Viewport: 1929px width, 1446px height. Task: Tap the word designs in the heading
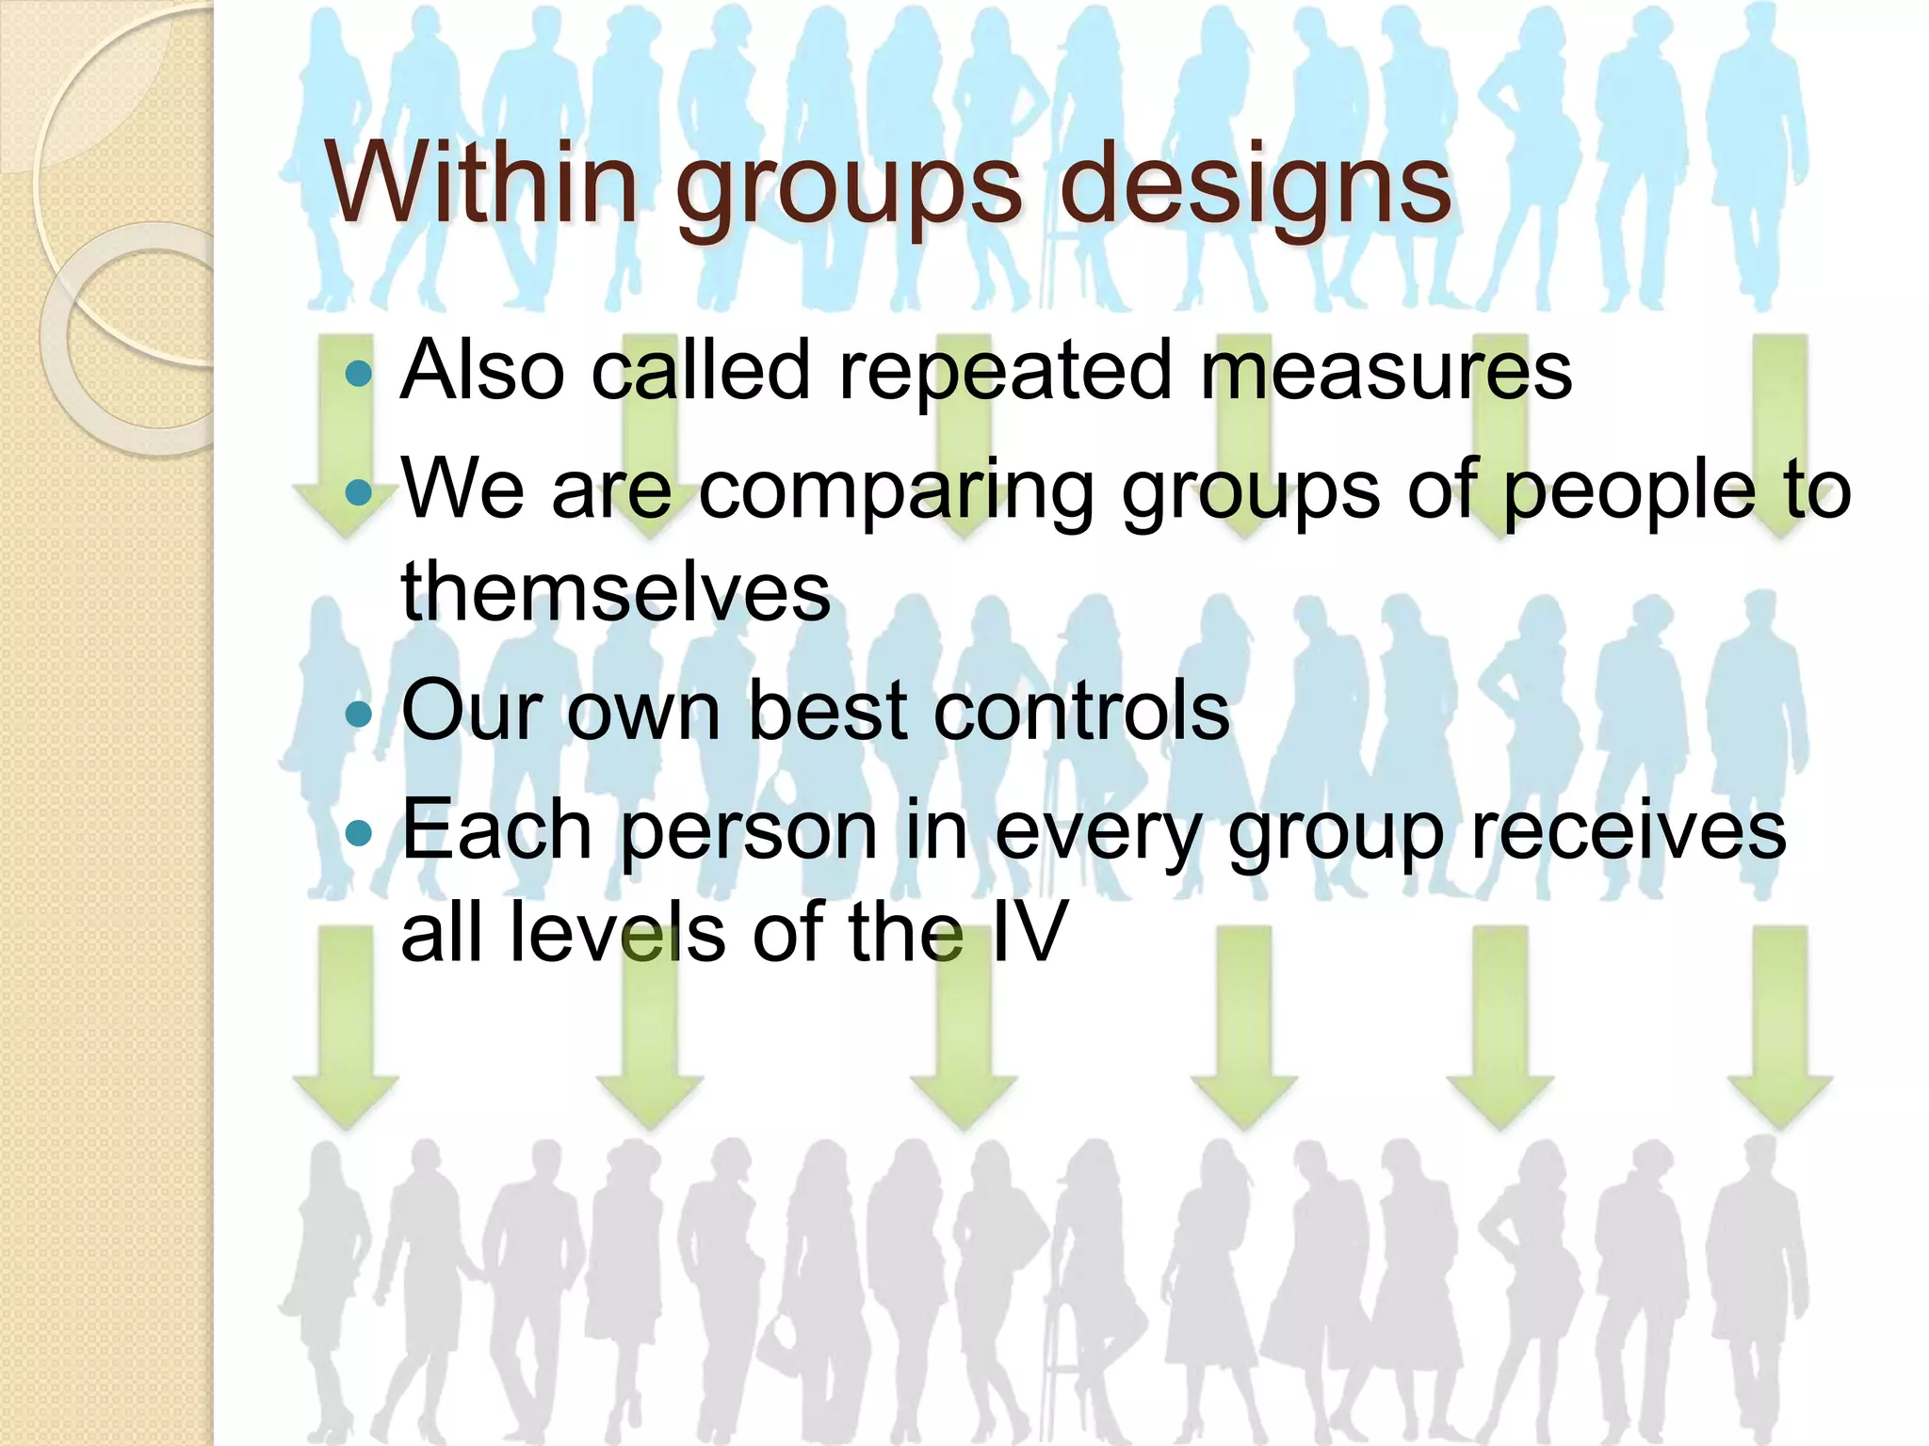pyautogui.click(x=1255, y=185)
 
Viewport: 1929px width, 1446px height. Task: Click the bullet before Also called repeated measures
pyautogui.click(x=359, y=374)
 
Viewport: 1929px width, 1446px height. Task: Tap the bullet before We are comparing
pyautogui.click(x=359, y=492)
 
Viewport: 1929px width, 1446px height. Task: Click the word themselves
pyautogui.click(x=616, y=592)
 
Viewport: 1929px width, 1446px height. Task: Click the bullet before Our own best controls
pyautogui.click(x=359, y=714)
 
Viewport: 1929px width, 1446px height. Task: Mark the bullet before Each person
pyautogui.click(x=359, y=832)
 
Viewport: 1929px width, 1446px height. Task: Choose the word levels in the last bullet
pyautogui.click(x=617, y=932)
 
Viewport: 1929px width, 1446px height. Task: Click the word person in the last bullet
pyautogui.click(x=749, y=832)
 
